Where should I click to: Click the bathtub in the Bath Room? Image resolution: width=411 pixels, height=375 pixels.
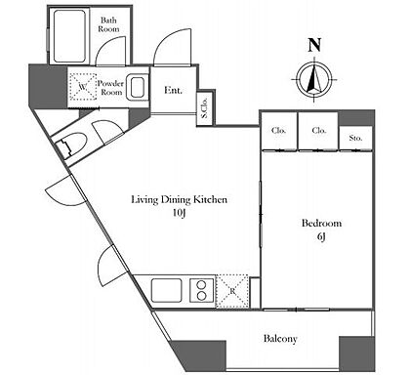tap(69, 36)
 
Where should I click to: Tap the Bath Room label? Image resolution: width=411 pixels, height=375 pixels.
tap(108, 24)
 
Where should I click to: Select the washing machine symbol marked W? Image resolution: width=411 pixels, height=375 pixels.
tap(83, 87)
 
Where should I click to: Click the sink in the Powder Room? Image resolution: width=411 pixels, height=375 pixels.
tap(137, 87)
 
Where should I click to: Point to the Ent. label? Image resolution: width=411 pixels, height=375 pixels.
tap(173, 90)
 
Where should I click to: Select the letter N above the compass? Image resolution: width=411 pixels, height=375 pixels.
tap(314, 45)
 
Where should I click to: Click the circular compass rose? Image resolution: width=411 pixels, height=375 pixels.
tap(314, 79)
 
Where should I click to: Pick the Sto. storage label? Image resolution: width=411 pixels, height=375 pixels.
tap(355, 138)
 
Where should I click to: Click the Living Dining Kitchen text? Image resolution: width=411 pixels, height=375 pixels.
tap(179, 199)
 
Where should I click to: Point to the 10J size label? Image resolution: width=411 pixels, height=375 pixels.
tap(179, 213)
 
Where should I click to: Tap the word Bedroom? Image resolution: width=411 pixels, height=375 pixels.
tap(321, 224)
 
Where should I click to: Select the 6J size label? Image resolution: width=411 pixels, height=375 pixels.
tap(321, 237)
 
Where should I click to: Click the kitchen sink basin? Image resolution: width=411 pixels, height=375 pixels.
tap(166, 290)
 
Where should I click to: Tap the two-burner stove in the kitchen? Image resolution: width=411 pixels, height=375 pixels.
tap(202, 290)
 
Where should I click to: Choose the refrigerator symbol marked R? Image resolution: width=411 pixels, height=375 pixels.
tap(232, 291)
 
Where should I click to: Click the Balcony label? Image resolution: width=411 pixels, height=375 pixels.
tap(280, 339)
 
